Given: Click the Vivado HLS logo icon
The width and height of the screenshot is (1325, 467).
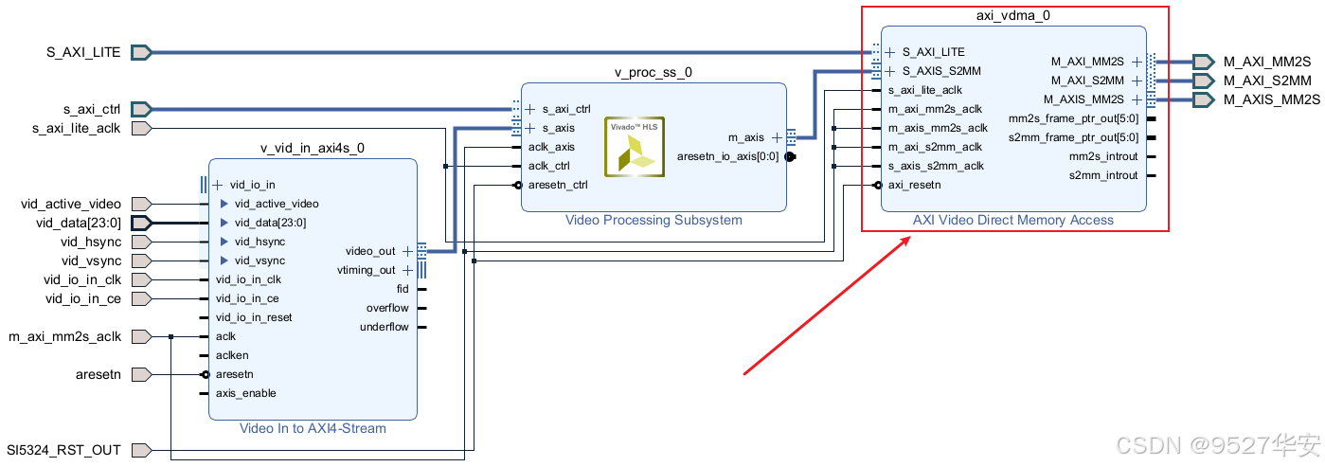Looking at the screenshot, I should coord(629,147).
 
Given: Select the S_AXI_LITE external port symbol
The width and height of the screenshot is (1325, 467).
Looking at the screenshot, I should coord(141,52).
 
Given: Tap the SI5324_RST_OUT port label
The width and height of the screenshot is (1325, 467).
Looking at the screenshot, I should coord(63,450).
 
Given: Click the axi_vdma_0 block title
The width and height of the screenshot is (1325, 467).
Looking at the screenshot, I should coord(1012,16).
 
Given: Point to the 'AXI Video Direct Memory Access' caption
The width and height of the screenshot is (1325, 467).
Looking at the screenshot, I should coord(1012,220).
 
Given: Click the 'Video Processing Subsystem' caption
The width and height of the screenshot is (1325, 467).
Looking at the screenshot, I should coord(654,220).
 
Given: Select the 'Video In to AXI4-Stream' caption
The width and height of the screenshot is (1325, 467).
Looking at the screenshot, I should coord(313,428).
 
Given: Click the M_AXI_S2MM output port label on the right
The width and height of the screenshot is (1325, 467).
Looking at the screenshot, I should coord(1267,81).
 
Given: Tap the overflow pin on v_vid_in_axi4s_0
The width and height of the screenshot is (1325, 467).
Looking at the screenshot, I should coord(387,308).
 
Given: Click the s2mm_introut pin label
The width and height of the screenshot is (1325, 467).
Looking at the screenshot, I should coord(1103,175).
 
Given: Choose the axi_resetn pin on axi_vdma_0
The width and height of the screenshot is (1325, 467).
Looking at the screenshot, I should coord(915,185).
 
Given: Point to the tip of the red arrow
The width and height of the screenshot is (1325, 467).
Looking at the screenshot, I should coord(910,238).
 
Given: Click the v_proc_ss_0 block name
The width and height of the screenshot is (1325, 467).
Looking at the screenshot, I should coord(654,73).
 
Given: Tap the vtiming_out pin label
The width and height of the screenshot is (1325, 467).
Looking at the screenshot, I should coord(367,270).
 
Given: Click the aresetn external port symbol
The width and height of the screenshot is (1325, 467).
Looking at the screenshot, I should coord(141,374).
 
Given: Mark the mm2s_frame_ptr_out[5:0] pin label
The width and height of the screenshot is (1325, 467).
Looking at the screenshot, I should coord(1074,118).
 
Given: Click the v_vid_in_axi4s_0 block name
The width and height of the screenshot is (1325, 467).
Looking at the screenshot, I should coord(313,149).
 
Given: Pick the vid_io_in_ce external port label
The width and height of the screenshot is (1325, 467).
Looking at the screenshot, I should coord(83,298).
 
